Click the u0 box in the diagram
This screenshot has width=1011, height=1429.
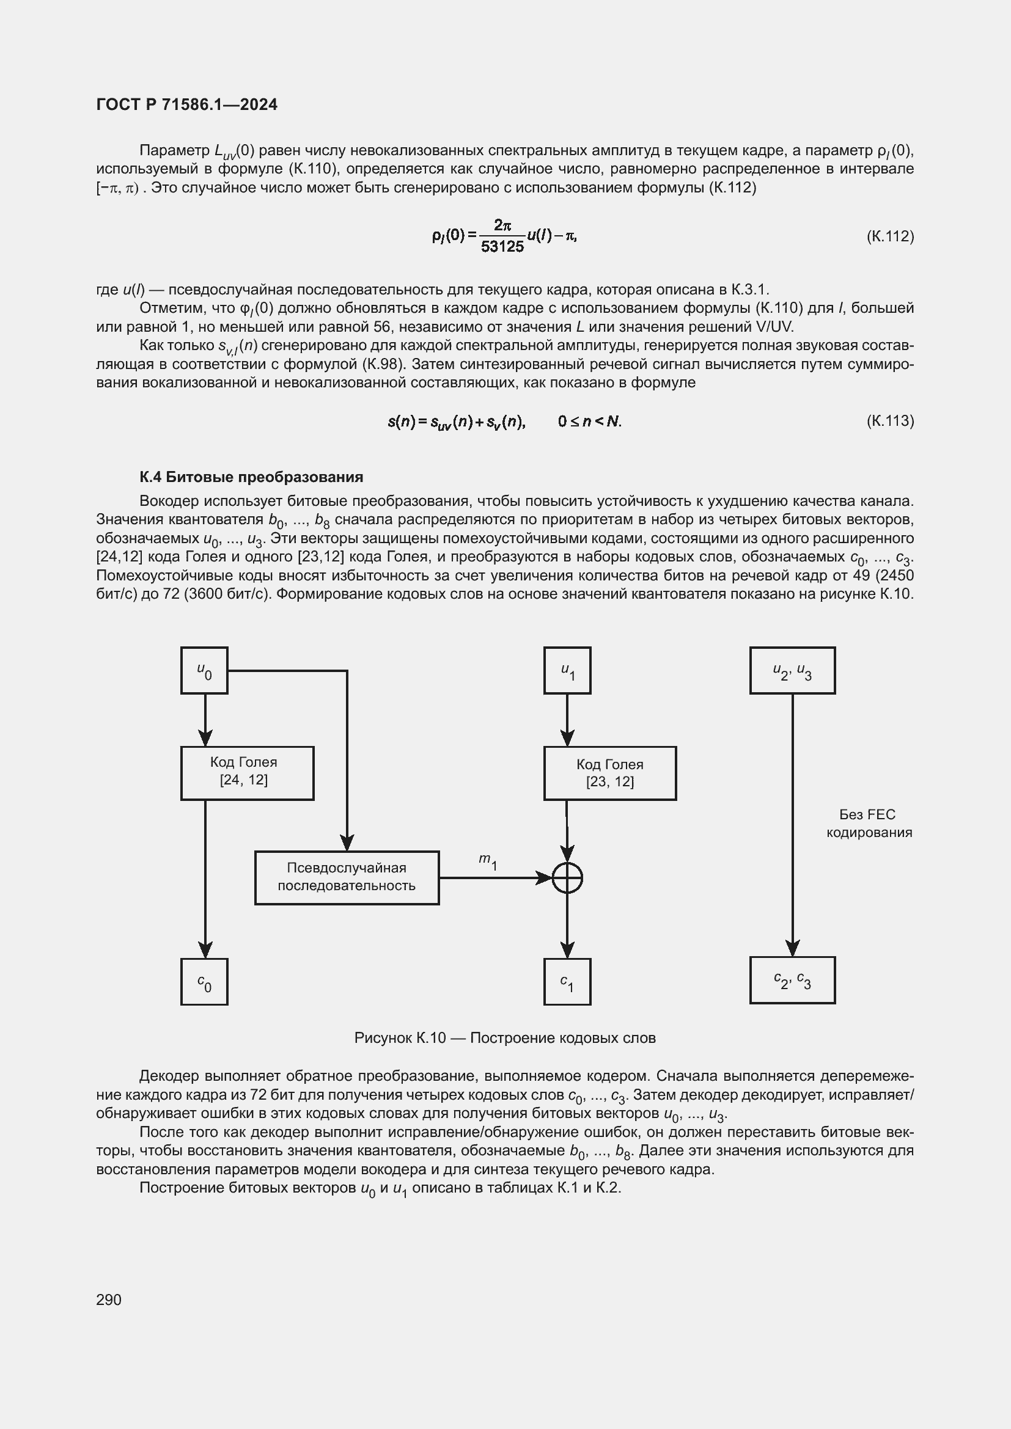(x=204, y=670)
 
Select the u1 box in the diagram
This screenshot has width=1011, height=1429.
(x=567, y=670)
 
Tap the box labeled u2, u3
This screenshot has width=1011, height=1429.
(x=792, y=670)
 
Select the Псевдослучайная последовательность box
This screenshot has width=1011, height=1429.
(x=347, y=877)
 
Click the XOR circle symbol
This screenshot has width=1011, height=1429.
(x=567, y=878)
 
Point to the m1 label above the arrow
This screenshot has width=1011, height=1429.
(x=487, y=861)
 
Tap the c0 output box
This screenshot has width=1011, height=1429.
(x=204, y=982)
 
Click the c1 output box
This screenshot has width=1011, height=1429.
(x=567, y=982)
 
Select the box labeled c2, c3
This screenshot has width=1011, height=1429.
(x=792, y=980)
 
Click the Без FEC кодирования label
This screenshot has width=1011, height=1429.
(x=869, y=824)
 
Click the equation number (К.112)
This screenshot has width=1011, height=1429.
(x=889, y=236)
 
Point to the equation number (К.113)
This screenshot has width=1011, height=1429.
(x=889, y=421)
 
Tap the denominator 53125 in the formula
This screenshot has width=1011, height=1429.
(x=502, y=247)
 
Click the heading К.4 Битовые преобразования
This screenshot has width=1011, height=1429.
(x=251, y=477)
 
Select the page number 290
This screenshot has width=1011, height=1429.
(x=109, y=1299)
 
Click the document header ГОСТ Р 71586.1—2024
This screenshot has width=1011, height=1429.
(x=187, y=104)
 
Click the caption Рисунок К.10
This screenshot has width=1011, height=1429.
(x=504, y=1037)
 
